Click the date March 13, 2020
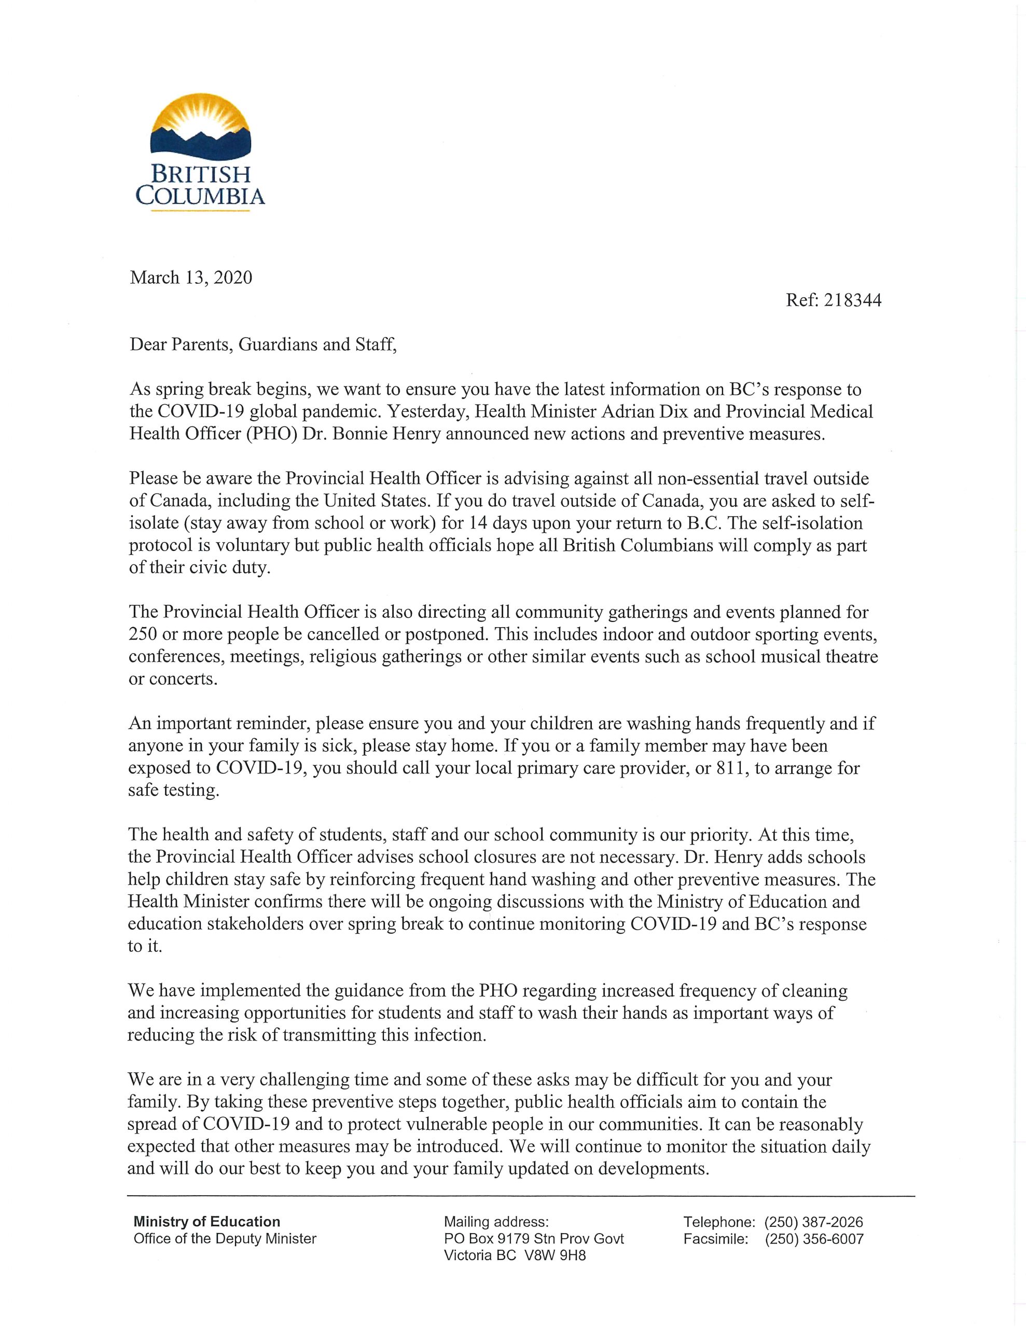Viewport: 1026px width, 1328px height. coord(190,278)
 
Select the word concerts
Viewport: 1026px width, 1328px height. coord(186,679)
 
